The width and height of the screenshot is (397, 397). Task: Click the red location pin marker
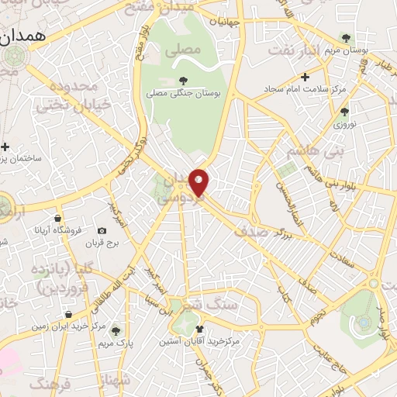click(199, 181)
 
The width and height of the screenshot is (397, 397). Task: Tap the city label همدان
click(28, 36)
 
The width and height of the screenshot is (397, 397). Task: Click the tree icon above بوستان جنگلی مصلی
click(183, 80)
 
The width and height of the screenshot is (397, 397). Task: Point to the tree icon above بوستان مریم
click(346, 37)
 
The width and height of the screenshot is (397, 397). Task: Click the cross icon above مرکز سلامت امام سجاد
click(306, 77)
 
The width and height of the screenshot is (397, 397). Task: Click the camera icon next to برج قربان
click(102, 231)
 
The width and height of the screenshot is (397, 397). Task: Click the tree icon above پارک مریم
click(116, 330)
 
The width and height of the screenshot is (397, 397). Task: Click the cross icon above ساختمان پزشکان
click(5, 147)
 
